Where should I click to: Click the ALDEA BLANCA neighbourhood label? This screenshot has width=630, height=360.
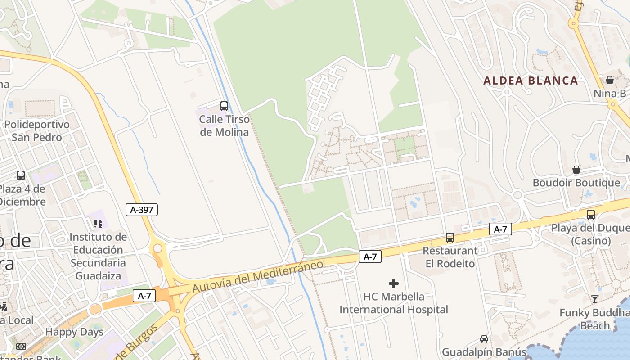coord(530,81)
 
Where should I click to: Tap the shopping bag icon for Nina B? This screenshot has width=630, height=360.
coord(610,81)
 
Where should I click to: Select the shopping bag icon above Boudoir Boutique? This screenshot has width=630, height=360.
coord(576,170)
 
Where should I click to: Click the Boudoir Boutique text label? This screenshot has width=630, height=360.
coord(576,183)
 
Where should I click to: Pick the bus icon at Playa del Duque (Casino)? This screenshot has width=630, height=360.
coord(591,215)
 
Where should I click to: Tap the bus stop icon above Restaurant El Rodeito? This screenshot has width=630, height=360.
coord(450,238)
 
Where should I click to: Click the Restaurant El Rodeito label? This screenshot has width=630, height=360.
coord(450,257)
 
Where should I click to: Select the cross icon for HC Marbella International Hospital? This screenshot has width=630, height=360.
coord(394,283)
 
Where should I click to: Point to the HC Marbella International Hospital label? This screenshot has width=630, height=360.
coord(394,303)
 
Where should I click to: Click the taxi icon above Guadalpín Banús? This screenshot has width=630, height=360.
coord(484,339)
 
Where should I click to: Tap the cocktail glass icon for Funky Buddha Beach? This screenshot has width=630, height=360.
coord(595,299)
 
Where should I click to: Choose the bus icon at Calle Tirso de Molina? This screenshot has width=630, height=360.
coord(224,106)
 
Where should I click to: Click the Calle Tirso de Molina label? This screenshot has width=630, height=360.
coord(224,126)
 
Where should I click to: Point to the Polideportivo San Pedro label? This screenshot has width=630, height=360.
coord(37,130)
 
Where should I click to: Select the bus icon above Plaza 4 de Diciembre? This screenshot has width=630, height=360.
coord(21,175)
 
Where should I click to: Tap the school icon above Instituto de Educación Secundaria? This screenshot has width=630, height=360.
coord(98,223)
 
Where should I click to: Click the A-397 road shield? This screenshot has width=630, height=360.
coord(142,209)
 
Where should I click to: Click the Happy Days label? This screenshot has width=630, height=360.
coord(74,332)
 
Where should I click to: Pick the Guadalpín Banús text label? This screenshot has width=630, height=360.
coord(484,352)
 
